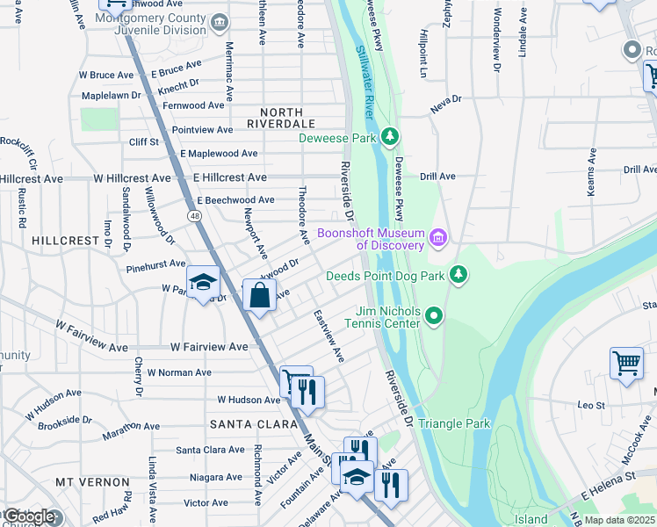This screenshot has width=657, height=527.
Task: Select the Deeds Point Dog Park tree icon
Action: tap(457, 275)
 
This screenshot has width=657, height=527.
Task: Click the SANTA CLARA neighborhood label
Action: tap(245, 423)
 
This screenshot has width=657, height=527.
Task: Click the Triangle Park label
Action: tap(453, 423)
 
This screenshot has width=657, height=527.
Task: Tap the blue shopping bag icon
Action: tap(260, 295)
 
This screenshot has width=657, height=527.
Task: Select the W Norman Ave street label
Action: tap(179, 372)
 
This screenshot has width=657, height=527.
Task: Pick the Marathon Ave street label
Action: tap(131, 427)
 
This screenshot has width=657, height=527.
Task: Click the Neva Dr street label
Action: tap(445, 107)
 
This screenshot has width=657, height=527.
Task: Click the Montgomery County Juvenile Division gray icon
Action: tap(220, 21)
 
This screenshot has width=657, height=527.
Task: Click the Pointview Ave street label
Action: tap(202, 130)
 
